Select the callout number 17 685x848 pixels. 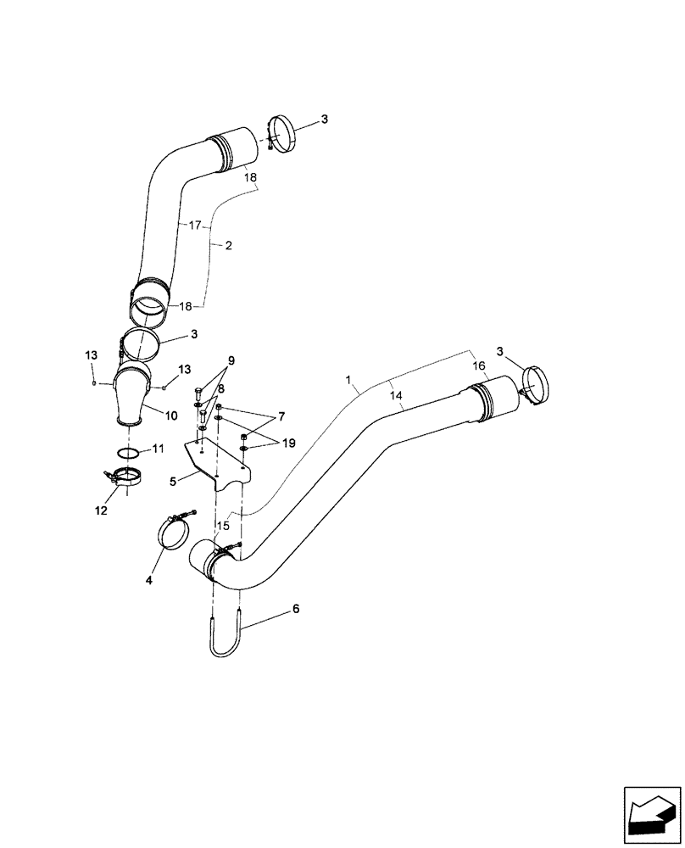tap(194, 226)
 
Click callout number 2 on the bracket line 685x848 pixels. tap(228, 244)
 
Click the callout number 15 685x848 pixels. tap(223, 526)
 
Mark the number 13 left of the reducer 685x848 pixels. tap(91, 354)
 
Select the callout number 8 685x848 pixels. tap(220, 388)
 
